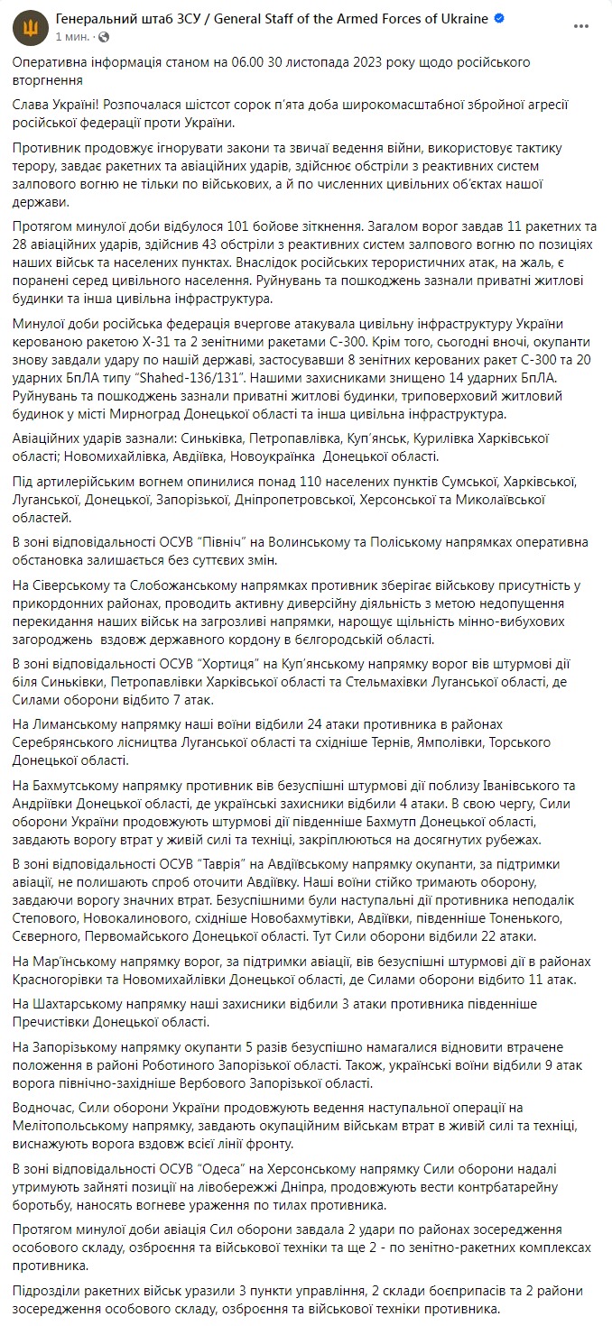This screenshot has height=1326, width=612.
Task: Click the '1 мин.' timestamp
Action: (x=73, y=37)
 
